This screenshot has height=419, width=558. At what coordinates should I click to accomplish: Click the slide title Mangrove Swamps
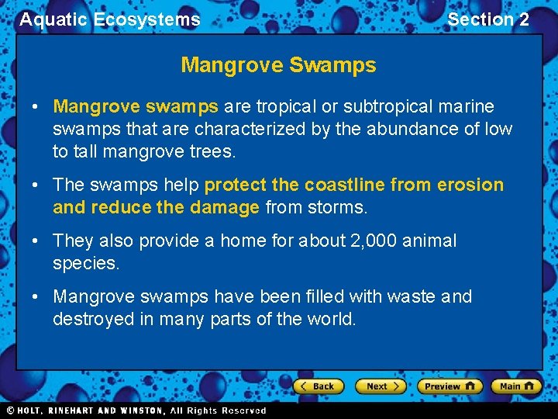point(278,65)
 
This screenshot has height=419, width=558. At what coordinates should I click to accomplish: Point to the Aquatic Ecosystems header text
point(109,19)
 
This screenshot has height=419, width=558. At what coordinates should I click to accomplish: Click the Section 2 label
point(488,19)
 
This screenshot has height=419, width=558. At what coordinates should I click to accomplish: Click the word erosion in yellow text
point(470,185)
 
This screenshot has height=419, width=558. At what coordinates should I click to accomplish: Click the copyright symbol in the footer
point(9,410)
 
